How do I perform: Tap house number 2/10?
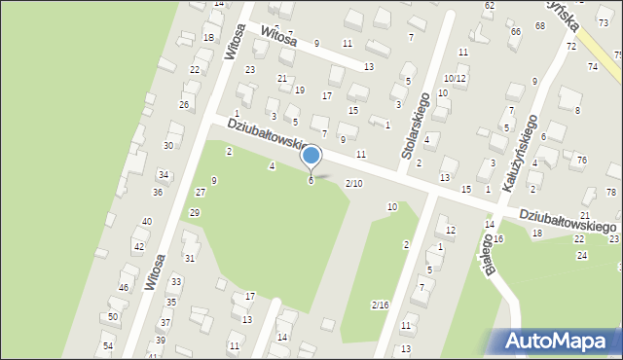354,184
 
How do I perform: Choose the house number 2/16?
380,306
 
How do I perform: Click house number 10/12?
456,78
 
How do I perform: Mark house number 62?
489,6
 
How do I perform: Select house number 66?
515,32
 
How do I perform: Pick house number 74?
592,66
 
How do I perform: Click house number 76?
581,160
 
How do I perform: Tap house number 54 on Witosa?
107,346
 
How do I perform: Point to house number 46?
124,288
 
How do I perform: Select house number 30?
168,145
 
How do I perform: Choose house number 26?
183,104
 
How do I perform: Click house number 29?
195,212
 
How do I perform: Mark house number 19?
299,90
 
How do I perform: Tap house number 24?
581,255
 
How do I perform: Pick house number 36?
158,193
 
